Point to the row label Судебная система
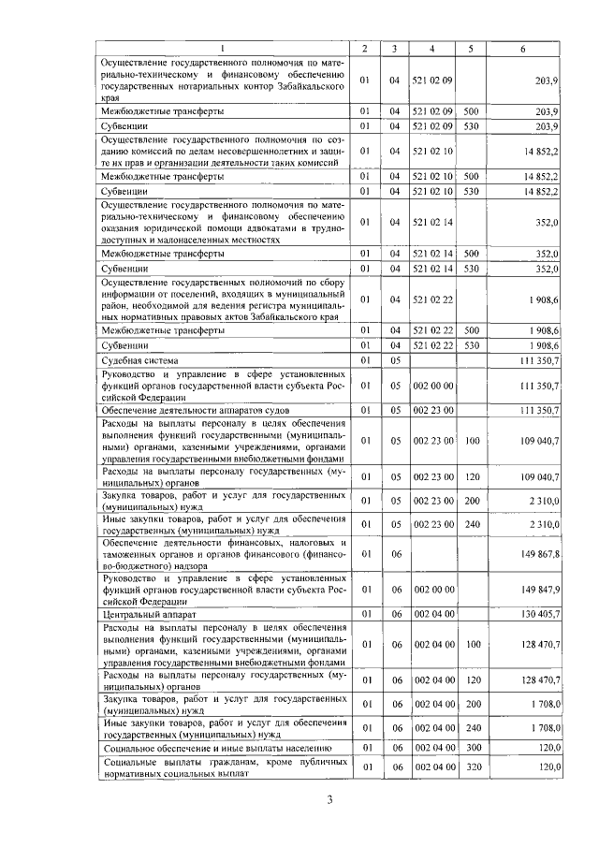coord(141,360)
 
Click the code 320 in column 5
coord(471,768)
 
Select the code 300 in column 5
coord(471,748)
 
